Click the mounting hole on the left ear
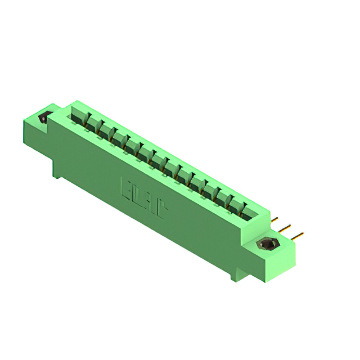coord(43,119)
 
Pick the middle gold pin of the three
coord(285,227)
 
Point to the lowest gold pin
coord(298,235)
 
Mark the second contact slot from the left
coord(93,125)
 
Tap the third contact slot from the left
coord(106,132)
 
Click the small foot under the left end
coord(57,172)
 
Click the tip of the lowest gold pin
coord(302,233)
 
